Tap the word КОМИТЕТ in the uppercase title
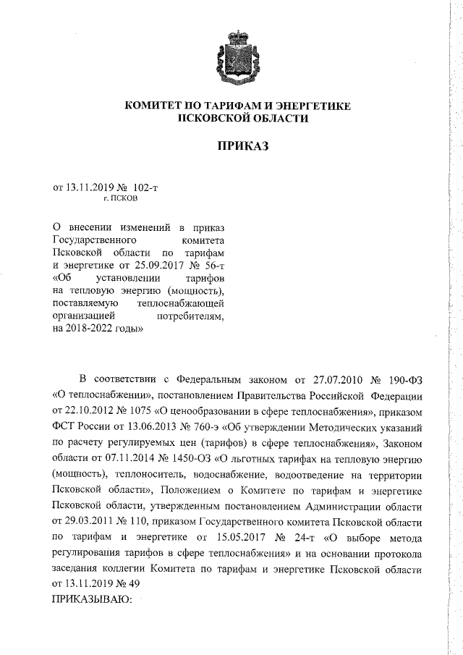[158, 106]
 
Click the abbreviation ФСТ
[65, 427]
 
